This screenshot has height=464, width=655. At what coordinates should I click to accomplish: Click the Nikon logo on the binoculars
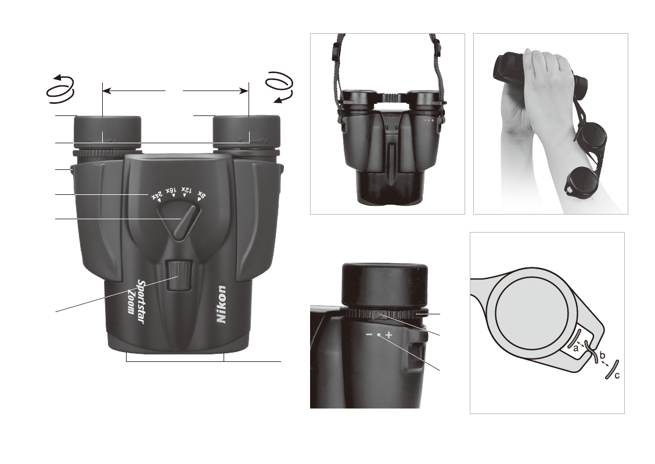(221, 304)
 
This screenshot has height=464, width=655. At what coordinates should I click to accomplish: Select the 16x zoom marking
(171, 191)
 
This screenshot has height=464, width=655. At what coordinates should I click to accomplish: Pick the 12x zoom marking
(186, 191)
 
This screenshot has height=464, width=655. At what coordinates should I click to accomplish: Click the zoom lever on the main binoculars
(185, 222)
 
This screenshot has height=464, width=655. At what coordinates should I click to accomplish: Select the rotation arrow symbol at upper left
(60, 89)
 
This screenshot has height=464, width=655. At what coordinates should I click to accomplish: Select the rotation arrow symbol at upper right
(280, 87)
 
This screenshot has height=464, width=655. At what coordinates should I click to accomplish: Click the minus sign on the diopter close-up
(369, 335)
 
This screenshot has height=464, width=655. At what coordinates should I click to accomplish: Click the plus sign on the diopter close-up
(389, 335)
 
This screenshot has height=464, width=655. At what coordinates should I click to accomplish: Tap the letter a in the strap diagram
(575, 348)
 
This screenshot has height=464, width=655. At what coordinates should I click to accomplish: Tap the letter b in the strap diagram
(602, 355)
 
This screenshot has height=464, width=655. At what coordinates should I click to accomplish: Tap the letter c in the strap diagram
(617, 375)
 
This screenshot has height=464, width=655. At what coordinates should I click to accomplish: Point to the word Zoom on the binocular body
(131, 301)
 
